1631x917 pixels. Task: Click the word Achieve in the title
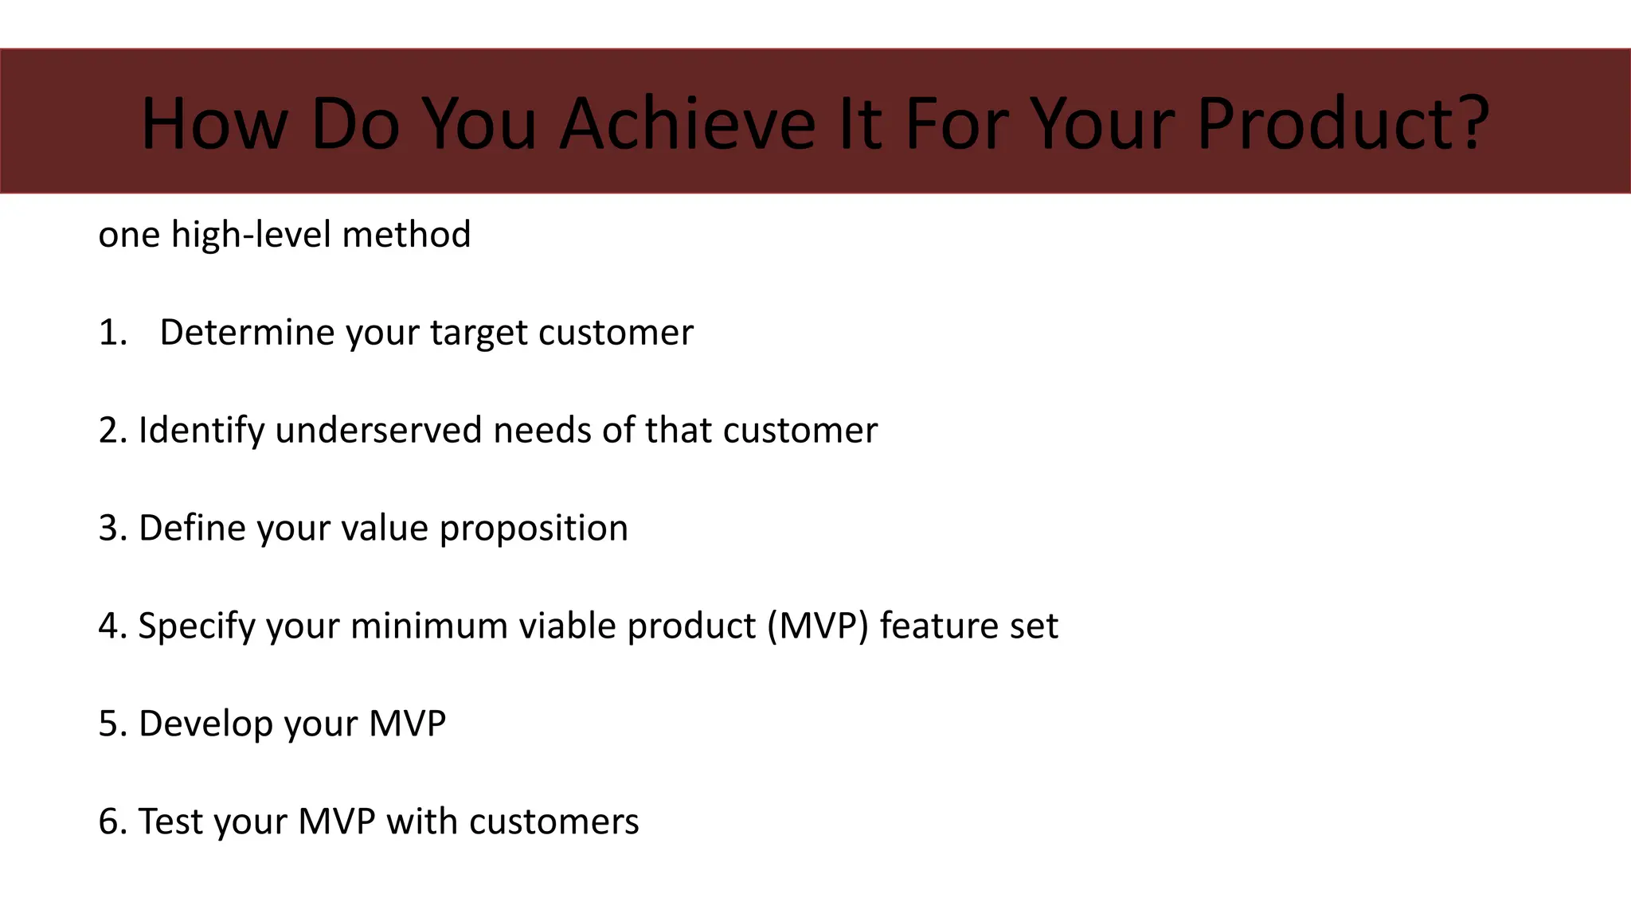pos(687,123)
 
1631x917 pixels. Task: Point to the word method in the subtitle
pos(406,235)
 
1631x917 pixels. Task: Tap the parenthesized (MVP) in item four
pos(818,626)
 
